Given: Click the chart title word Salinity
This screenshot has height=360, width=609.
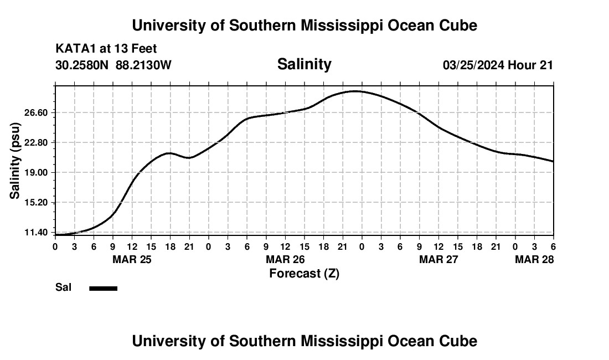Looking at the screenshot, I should [x=304, y=64].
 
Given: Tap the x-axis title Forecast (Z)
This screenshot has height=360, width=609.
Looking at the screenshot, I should [x=304, y=273].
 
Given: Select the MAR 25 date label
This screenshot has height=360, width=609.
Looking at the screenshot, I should [x=132, y=259].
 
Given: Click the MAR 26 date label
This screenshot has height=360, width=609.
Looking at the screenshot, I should [x=285, y=259].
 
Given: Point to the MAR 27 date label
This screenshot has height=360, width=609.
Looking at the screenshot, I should [x=438, y=259].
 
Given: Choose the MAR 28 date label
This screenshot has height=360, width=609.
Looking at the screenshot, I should [x=534, y=259].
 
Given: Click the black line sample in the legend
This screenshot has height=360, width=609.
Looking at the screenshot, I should [x=104, y=288].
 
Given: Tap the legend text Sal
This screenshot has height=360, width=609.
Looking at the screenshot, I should [x=62, y=287].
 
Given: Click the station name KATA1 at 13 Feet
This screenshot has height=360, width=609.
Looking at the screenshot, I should [x=106, y=49].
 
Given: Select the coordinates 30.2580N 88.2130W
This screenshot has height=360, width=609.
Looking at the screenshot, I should [x=113, y=65].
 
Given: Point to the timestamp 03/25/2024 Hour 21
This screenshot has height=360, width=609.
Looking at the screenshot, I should [x=498, y=65].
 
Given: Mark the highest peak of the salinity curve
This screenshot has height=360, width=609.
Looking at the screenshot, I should [x=355, y=91].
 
